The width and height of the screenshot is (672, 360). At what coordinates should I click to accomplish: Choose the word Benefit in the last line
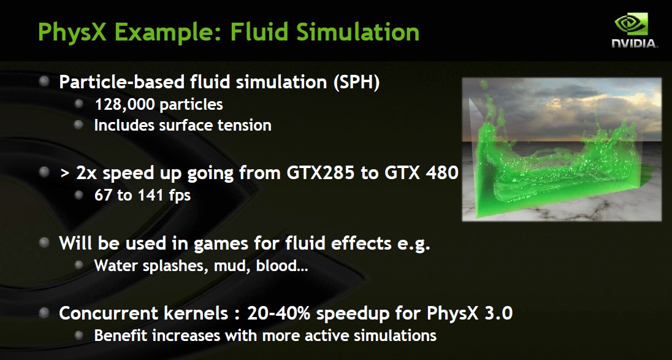121,335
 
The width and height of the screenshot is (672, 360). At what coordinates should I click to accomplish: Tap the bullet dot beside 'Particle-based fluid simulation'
44,81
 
